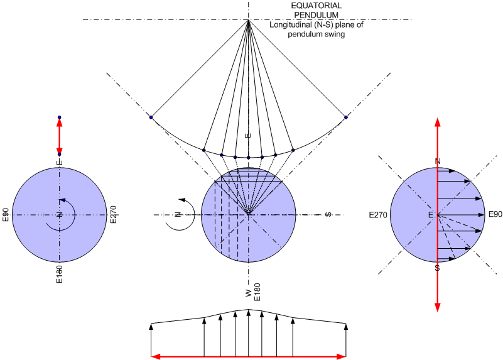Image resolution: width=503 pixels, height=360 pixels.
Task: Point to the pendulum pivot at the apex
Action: tap(249, 21)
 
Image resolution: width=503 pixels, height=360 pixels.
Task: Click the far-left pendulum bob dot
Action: tap(151, 117)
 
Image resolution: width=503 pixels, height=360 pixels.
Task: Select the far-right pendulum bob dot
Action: tap(346, 117)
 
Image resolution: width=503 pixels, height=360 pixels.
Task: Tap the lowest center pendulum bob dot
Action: tap(249, 157)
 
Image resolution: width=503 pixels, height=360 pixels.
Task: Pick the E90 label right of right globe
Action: tap(495, 215)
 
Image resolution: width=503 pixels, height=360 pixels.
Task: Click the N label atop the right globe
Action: tap(437, 161)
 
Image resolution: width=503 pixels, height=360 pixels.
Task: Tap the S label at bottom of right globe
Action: tap(437, 268)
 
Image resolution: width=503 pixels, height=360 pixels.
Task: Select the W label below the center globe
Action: tap(249, 293)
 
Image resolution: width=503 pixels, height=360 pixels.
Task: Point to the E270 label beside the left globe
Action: tap(114, 214)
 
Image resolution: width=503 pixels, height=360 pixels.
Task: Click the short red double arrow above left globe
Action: tap(60, 136)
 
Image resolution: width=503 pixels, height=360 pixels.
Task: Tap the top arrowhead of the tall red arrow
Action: tap(437, 123)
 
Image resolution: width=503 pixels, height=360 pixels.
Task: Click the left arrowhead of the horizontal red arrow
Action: tap(156, 356)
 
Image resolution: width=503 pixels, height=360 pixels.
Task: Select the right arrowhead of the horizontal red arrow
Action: tap(341, 356)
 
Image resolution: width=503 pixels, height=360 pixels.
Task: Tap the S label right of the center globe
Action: tap(328, 215)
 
